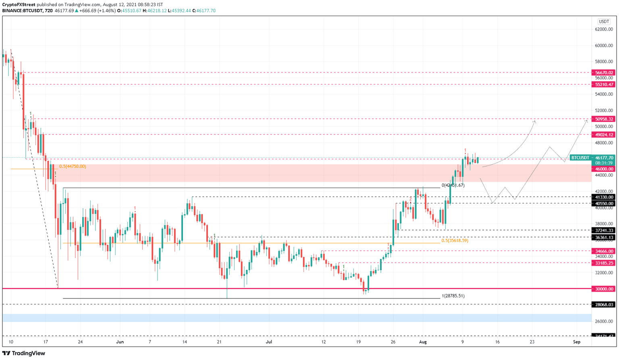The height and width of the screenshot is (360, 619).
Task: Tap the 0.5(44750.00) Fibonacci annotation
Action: click(72, 166)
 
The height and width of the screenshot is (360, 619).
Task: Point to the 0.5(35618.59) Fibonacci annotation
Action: click(455, 240)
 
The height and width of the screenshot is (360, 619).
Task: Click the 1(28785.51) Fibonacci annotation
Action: click(453, 296)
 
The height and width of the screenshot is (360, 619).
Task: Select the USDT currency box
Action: click(604, 21)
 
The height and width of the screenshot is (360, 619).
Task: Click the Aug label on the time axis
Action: click(423, 342)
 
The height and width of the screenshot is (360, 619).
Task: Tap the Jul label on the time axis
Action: click(269, 342)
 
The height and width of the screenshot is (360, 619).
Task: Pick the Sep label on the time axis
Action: click(577, 342)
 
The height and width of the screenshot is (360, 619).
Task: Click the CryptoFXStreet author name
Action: click(19, 5)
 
